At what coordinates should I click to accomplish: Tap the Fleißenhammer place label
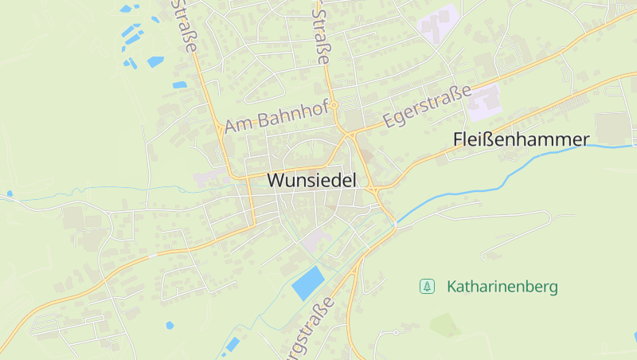[x=521, y=139]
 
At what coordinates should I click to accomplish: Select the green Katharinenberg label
[x=502, y=286]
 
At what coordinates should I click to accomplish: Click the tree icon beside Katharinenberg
[x=428, y=286]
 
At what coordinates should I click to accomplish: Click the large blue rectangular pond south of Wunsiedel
[x=308, y=284]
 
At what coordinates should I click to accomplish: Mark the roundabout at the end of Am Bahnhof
[x=335, y=104]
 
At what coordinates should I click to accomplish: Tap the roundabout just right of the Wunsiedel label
[x=373, y=190]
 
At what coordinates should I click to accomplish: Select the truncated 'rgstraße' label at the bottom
[x=307, y=331]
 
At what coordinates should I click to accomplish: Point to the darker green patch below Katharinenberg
[x=444, y=324]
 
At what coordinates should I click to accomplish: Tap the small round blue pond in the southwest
[x=170, y=325]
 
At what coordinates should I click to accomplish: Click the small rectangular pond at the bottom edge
[x=232, y=344]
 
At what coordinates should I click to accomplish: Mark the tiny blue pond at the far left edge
[x=10, y=193]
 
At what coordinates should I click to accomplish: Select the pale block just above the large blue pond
[x=315, y=239]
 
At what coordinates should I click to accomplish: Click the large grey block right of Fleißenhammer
[x=611, y=127]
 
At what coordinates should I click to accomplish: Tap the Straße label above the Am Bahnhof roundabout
[x=322, y=35]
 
